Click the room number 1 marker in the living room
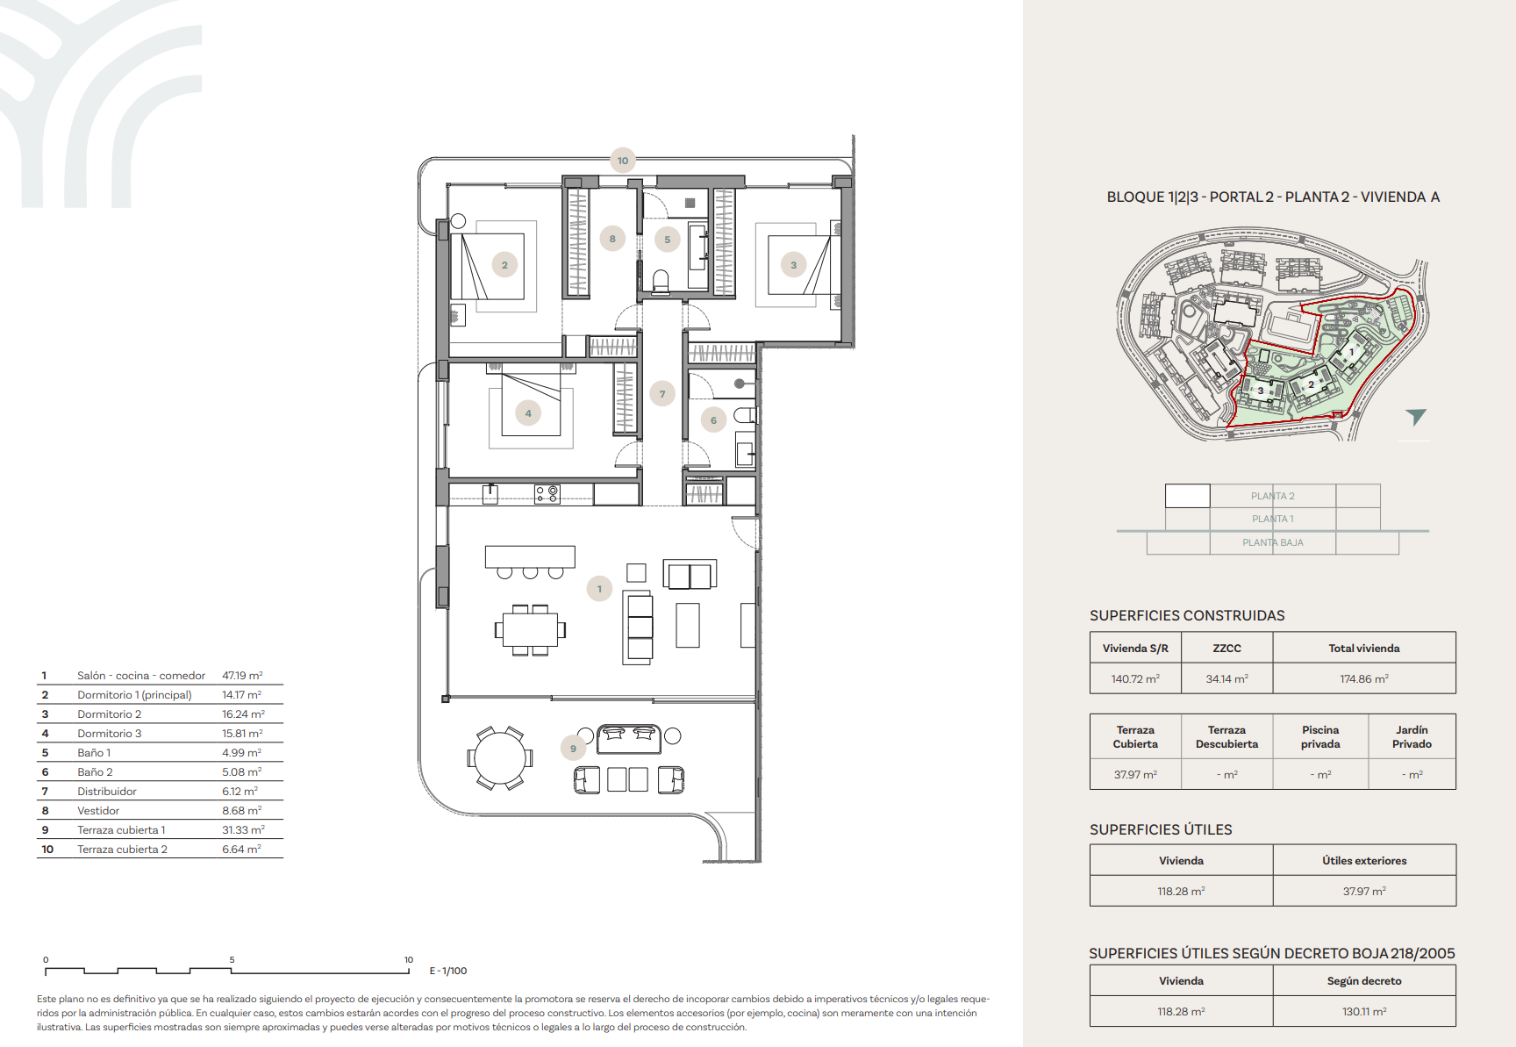(599, 589)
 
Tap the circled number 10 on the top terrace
(623, 161)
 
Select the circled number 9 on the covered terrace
(573, 749)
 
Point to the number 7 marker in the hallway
(662, 394)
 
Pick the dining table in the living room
(530, 629)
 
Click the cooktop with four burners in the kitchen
(547, 494)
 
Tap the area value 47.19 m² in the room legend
(242, 676)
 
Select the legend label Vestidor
(98, 811)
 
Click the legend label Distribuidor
(107, 792)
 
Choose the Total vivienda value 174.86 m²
(1364, 679)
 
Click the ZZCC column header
(1226, 649)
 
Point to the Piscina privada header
(1320, 737)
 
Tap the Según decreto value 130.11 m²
(1364, 1012)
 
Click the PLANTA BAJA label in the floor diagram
(1273, 542)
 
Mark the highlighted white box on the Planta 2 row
(1188, 496)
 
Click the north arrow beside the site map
(1415, 417)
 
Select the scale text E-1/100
(448, 971)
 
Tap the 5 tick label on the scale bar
(232, 960)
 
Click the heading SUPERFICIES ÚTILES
(1161, 829)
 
